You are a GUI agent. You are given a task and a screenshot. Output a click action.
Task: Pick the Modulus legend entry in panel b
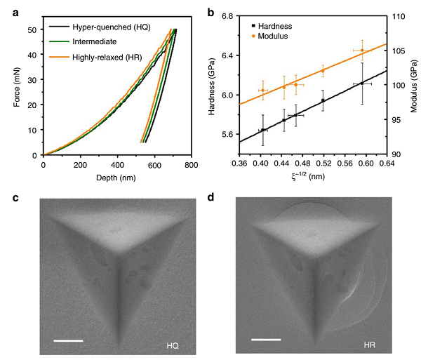pos(275,35)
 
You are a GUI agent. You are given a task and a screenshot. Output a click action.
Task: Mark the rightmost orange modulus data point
pos(361,50)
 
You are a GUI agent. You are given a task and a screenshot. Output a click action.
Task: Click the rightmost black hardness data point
pos(362,84)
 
